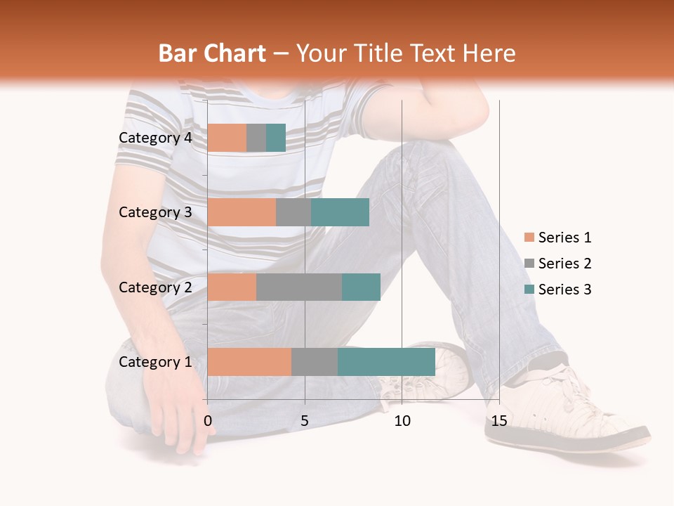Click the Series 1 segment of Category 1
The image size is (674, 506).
pos(249,362)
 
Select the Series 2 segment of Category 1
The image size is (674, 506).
pos(315,362)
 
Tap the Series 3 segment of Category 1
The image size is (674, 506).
pos(386,362)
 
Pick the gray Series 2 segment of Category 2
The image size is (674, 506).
pos(299,287)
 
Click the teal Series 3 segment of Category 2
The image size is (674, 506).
pos(361,287)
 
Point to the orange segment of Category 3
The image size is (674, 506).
pos(242,212)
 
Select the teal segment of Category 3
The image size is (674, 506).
pos(341,212)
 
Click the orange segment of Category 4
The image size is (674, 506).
pos(227,138)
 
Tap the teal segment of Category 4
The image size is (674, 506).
pos(276,138)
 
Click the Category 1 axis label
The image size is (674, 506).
pos(155,362)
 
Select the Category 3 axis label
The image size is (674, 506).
pos(155,212)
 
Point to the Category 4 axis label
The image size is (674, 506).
pos(155,138)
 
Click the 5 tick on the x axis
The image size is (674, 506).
pos(305,421)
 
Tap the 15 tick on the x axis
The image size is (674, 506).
pos(499,421)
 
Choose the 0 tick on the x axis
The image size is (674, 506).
pos(208,421)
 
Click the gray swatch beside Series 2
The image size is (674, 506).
pos(529,264)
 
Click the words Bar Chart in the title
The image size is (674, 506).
pos(212,53)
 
